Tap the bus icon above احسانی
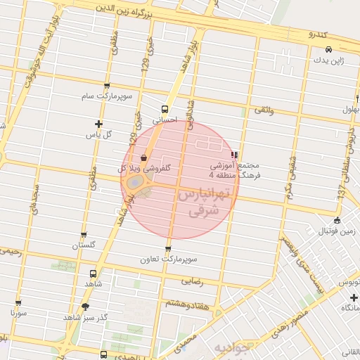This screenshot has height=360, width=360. coord(165,109)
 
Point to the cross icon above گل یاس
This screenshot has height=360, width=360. coord(98,124)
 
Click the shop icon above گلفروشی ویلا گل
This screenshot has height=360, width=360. coord(144,157)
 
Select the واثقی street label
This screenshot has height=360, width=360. coord(264,112)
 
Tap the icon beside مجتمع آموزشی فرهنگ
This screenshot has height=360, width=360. coord(234,155)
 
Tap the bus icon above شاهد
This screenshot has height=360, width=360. coord(94,274)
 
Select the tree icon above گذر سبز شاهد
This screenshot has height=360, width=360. coord(86,307)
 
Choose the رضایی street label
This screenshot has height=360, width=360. coord(193,281)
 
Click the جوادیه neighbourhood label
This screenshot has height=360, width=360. coord(231,349)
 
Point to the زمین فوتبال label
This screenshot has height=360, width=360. coord(335,231)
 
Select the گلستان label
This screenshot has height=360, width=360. coord(84,246)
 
